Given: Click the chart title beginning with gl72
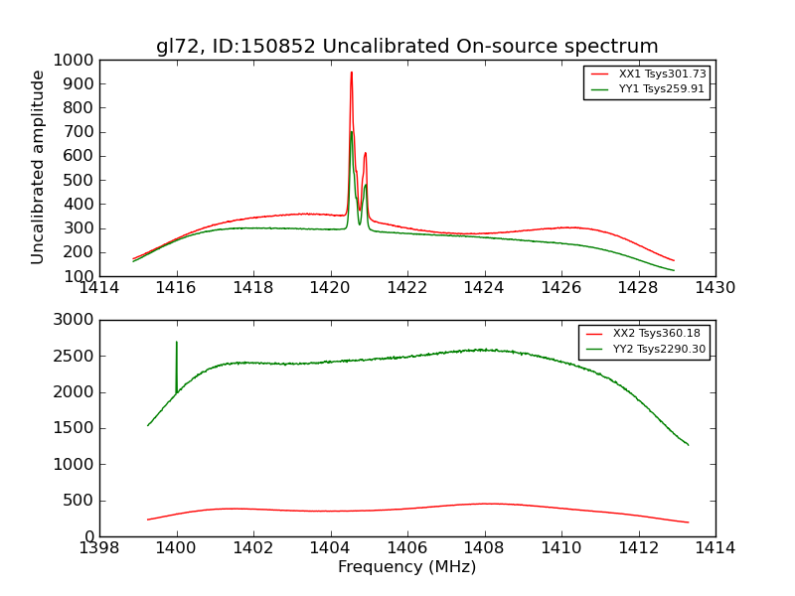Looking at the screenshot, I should pyautogui.click(x=407, y=47).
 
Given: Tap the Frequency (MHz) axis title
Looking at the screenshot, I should pyautogui.click(x=407, y=567).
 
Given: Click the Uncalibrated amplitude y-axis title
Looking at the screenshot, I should pyautogui.click(x=39, y=167).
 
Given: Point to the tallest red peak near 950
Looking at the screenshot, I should pyautogui.click(x=351, y=73).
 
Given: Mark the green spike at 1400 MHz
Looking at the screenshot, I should pyautogui.click(x=177, y=343).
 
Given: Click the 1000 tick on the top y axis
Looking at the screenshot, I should pyautogui.click(x=78, y=60).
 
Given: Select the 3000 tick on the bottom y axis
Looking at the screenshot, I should pyautogui.click(x=74, y=320).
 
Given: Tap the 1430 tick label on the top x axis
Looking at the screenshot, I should pyautogui.click(x=715, y=289).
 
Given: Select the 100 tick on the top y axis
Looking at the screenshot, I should pyautogui.click(x=81, y=276).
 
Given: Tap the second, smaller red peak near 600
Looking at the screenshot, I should pyautogui.click(x=366, y=153).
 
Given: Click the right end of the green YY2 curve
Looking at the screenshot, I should pyautogui.click(x=688, y=444).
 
